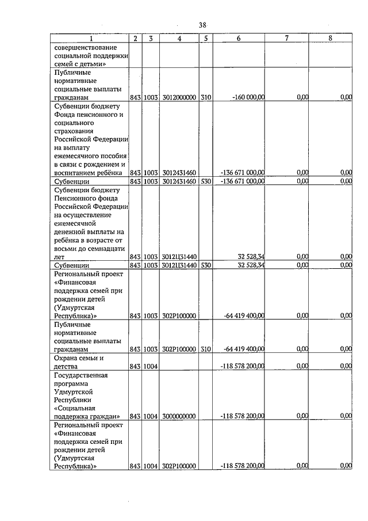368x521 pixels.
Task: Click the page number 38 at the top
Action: [202, 25]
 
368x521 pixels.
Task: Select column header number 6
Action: [238, 39]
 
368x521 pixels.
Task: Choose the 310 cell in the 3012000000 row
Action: [206, 98]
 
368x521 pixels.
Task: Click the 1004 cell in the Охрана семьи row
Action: [151, 366]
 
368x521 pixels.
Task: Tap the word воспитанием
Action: [77, 172]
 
